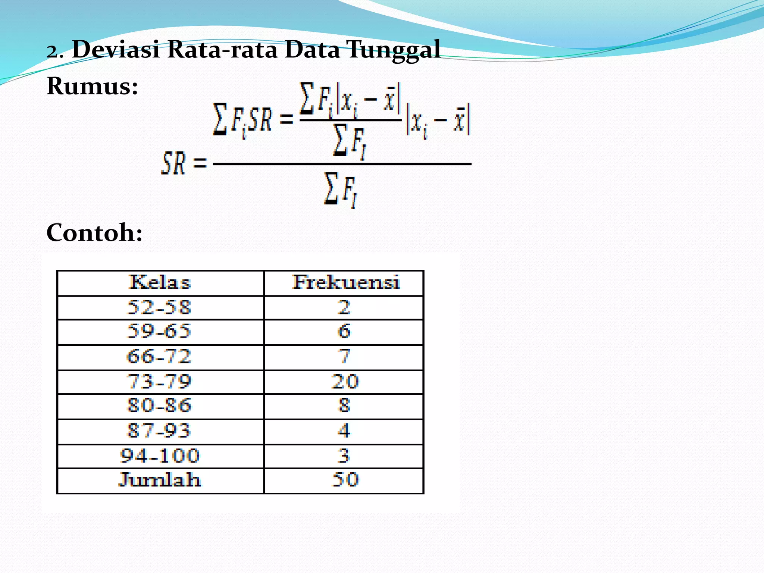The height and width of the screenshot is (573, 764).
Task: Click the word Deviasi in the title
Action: tap(116, 49)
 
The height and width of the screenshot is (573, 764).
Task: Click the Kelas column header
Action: tap(160, 282)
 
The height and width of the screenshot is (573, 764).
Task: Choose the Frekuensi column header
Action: tap(345, 282)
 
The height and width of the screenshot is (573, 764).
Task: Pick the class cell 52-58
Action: tap(159, 307)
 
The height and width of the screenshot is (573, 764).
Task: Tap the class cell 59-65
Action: tap(159, 331)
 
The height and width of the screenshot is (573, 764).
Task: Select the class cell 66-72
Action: tap(159, 357)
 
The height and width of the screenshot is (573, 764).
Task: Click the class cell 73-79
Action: tap(159, 382)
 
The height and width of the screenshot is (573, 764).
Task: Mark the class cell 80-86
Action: tap(159, 406)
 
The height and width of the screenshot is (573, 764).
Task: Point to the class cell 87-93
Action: tap(159, 430)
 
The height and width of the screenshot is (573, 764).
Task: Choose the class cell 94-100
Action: tap(160, 456)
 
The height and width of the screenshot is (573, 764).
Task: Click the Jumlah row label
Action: tap(160, 480)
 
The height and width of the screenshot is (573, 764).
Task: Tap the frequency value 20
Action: tap(345, 382)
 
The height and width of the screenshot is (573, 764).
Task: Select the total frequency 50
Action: tap(345, 480)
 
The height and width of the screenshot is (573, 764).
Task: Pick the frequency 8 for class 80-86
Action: tap(344, 406)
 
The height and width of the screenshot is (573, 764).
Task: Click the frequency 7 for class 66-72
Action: tap(344, 357)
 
